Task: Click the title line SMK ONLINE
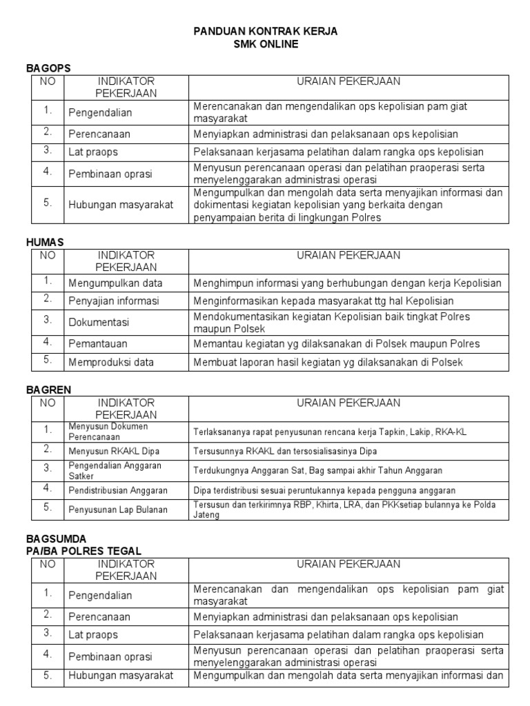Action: tap(266, 44)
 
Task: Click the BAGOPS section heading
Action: tap(48, 68)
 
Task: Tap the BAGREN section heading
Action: tap(48, 390)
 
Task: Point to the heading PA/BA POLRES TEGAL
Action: tap(84, 550)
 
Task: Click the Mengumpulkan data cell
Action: tap(115, 283)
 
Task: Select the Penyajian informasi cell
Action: tap(114, 301)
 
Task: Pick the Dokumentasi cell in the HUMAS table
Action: tap(99, 322)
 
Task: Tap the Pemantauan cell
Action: tap(98, 343)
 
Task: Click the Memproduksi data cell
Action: tap(111, 362)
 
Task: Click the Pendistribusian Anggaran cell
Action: tap(118, 490)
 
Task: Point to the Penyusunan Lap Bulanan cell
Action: tap(118, 510)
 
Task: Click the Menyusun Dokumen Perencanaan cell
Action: tap(108, 431)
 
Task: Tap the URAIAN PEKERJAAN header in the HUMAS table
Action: tap(349, 255)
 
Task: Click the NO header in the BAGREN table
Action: tap(48, 403)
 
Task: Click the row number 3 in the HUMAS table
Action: tap(48, 320)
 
